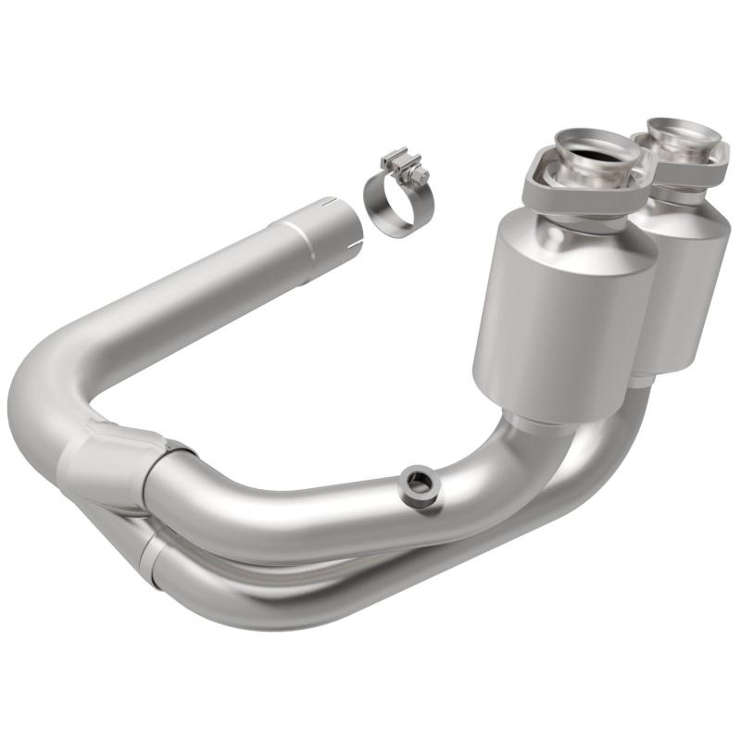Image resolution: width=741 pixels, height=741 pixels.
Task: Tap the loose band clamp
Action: [x=389, y=198]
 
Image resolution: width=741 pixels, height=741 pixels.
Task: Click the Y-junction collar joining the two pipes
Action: [x=102, y=463]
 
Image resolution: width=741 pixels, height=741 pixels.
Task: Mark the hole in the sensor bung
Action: [x=418, y=481]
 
